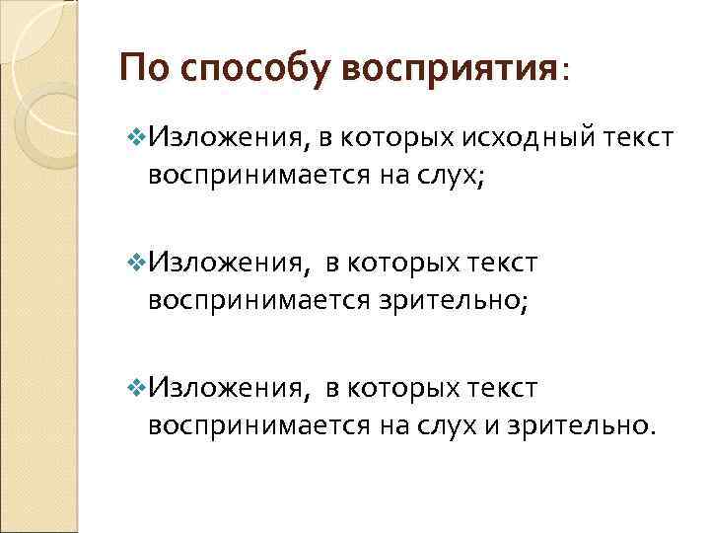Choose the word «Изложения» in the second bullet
tap(230, 264)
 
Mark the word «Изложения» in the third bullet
tap(230, 388)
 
